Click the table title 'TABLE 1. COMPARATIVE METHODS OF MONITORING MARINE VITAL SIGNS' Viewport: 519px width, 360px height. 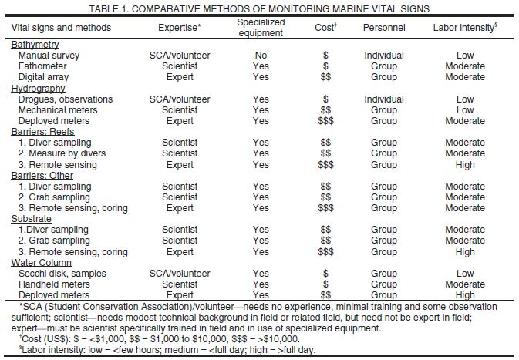tap(259, 8)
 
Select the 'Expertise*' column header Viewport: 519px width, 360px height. tap(180, 28)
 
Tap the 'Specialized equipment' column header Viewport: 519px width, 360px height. tap(261, 28)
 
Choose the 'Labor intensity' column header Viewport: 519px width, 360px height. tap(465, 28)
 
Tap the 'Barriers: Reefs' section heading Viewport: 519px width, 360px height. tap(42, 132)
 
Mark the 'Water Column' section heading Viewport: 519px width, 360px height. tap(39, 263)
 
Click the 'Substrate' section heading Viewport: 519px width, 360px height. tap(32, 219)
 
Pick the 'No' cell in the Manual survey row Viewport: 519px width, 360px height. tap(261, 56)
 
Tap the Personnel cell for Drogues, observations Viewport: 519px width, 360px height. tap(384, 99)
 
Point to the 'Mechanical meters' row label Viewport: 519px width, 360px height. tap(59, 110)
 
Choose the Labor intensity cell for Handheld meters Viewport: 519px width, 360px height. tap(465, 284)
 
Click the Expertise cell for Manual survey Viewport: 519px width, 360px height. tap(180, 56)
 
